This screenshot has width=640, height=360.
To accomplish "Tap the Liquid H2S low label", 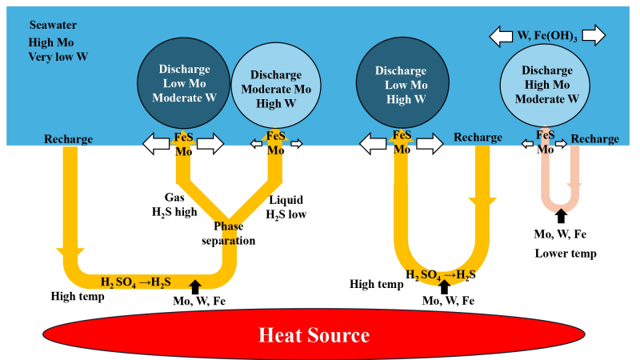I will coord(285,206).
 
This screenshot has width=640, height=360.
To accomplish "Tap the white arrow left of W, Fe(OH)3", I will coord(502,36).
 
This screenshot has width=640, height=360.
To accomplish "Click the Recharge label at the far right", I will coord(595,138).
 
